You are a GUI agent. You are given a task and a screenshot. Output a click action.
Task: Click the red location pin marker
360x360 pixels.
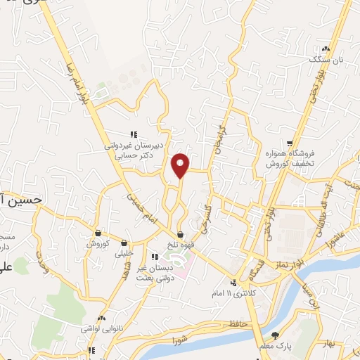pos(181,165)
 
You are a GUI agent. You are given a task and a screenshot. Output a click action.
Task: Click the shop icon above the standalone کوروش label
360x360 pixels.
pos(98,233)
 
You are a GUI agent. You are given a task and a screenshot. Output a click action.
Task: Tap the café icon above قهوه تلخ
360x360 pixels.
pos(181,235)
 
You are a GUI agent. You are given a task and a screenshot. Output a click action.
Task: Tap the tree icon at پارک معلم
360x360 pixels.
pos(275,335)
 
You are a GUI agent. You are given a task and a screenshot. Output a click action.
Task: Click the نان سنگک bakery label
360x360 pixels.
pos(310,60)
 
